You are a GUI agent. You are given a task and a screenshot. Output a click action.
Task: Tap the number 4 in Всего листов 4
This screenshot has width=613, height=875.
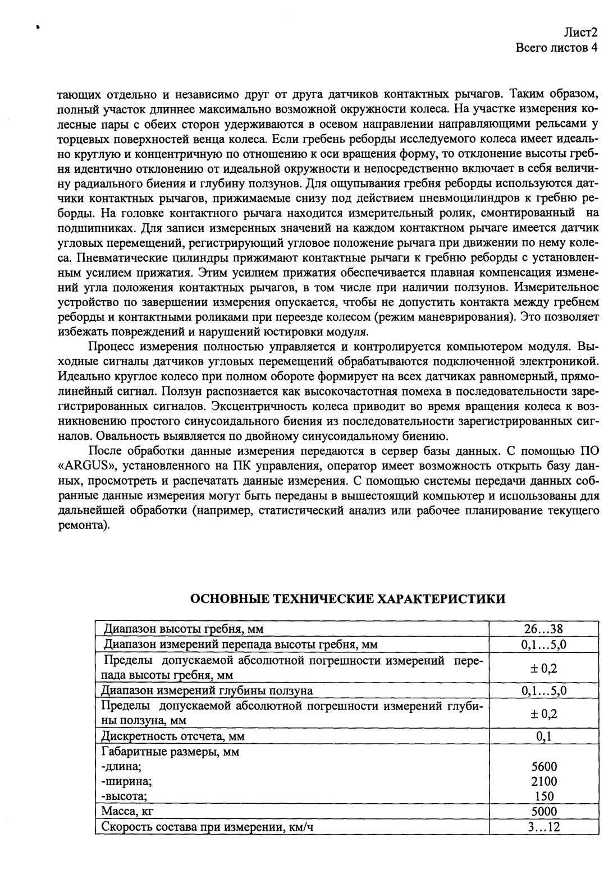(x=593, y=48)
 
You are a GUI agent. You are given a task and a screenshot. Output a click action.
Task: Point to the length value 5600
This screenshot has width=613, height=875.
(x=543, y=767)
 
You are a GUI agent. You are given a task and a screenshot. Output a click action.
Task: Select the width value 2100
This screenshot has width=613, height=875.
(x=543, y=781)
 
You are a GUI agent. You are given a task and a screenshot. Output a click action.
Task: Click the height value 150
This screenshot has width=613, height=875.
(x=543, y=796)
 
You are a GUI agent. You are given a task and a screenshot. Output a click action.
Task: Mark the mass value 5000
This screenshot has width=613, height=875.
(x=543, y=811)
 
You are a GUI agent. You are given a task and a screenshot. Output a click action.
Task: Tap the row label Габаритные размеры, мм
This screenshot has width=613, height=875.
(x=170, y=752)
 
